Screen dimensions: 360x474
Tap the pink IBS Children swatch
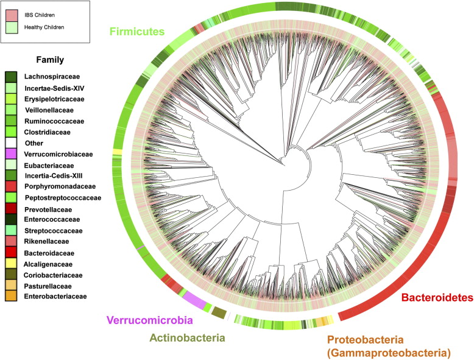pos(12,12)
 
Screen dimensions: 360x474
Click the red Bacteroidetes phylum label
pos(437,297)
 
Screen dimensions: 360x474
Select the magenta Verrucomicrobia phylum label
pos(150,320)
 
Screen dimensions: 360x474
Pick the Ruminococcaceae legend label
pos(54,121)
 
